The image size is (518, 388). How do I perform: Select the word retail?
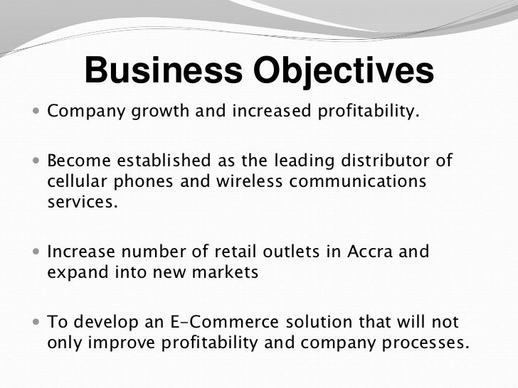click(x=236, y=252)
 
